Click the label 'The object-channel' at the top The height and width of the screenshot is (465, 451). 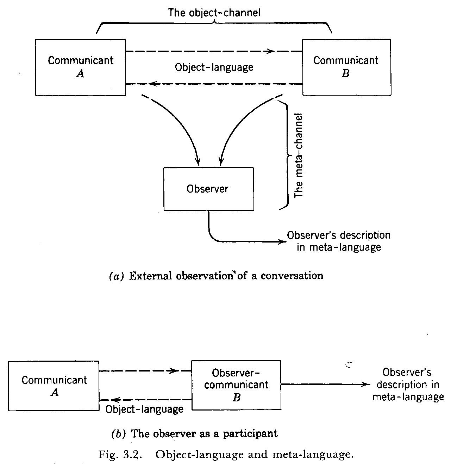pyautogui.click(x=214, y=13)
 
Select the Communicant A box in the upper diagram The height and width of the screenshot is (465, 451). pyautogui.click(x=80, y=67)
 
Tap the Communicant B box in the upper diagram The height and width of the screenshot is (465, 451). pyautogui.click(x=346, y=67)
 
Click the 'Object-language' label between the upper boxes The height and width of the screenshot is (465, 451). pyautogui.click(x=214, y=67)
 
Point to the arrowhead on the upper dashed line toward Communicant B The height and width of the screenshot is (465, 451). pyautogui.click(x=270, y=51)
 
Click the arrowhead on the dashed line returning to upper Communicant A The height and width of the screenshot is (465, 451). pyautogui.click(x=152, y=84)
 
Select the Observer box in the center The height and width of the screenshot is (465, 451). pyautogui.click(x=208, y=189)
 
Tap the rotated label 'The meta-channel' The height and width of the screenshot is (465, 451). pyautogui.click(x=299, y=155)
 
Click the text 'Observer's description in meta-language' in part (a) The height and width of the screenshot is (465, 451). pyautogui.click(x=339, y=241)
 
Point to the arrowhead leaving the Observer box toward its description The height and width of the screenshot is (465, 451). pyautogui.click(x=281, y=241)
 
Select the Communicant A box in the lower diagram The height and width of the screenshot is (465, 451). pyautogui.click(x=54, y=386)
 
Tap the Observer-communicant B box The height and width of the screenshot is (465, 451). pyautogui.click(x=236, y=385)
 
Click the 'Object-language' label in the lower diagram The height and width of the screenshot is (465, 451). pyautogui.click(x=145, y=409)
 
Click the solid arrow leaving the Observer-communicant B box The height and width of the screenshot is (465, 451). pyautogui.click(x=324, y=384)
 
